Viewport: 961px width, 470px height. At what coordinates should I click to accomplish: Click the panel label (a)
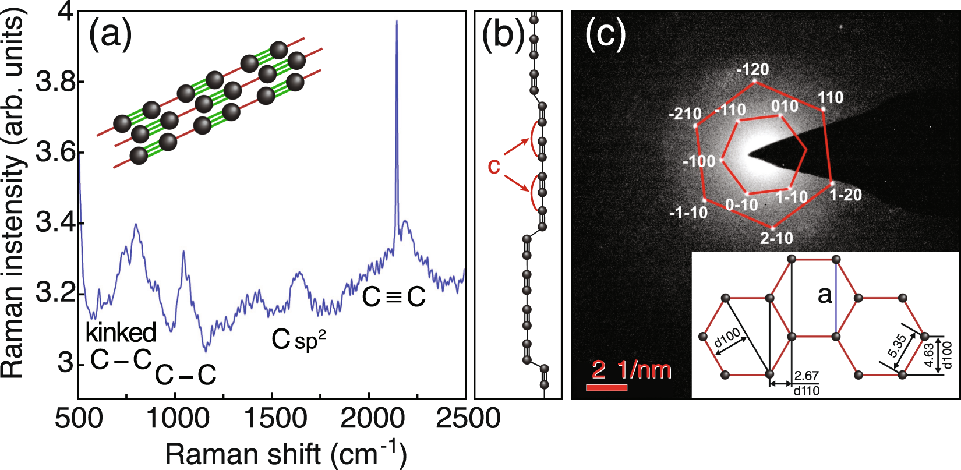click(x=111, y=35)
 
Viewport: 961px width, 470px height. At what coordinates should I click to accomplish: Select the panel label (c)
click(x=605, y=35)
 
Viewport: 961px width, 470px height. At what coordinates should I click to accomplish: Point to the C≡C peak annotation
click(x=394, y=297)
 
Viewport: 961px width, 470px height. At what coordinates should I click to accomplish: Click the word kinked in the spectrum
click(x=121, y=333)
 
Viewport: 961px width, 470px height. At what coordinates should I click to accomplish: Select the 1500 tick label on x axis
click(x=271, y=419)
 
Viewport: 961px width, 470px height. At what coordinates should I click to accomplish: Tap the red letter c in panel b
click(x=494, y=166)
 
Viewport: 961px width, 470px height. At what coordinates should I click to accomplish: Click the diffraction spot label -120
click(x=752, y=70)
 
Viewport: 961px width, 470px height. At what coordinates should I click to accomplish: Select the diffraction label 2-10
click(x=776, y=238)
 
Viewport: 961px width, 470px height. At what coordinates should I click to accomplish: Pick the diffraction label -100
click(x=699, y=161)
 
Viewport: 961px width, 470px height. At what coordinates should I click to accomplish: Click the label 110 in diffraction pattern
click(x=831, y=97)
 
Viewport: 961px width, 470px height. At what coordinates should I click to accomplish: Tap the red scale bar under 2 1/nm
click(x=606, y=388)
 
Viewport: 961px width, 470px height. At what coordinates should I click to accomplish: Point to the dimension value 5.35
click(x=898, y=348)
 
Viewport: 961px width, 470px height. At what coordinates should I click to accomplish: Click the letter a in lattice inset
click(x=825, y=295)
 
